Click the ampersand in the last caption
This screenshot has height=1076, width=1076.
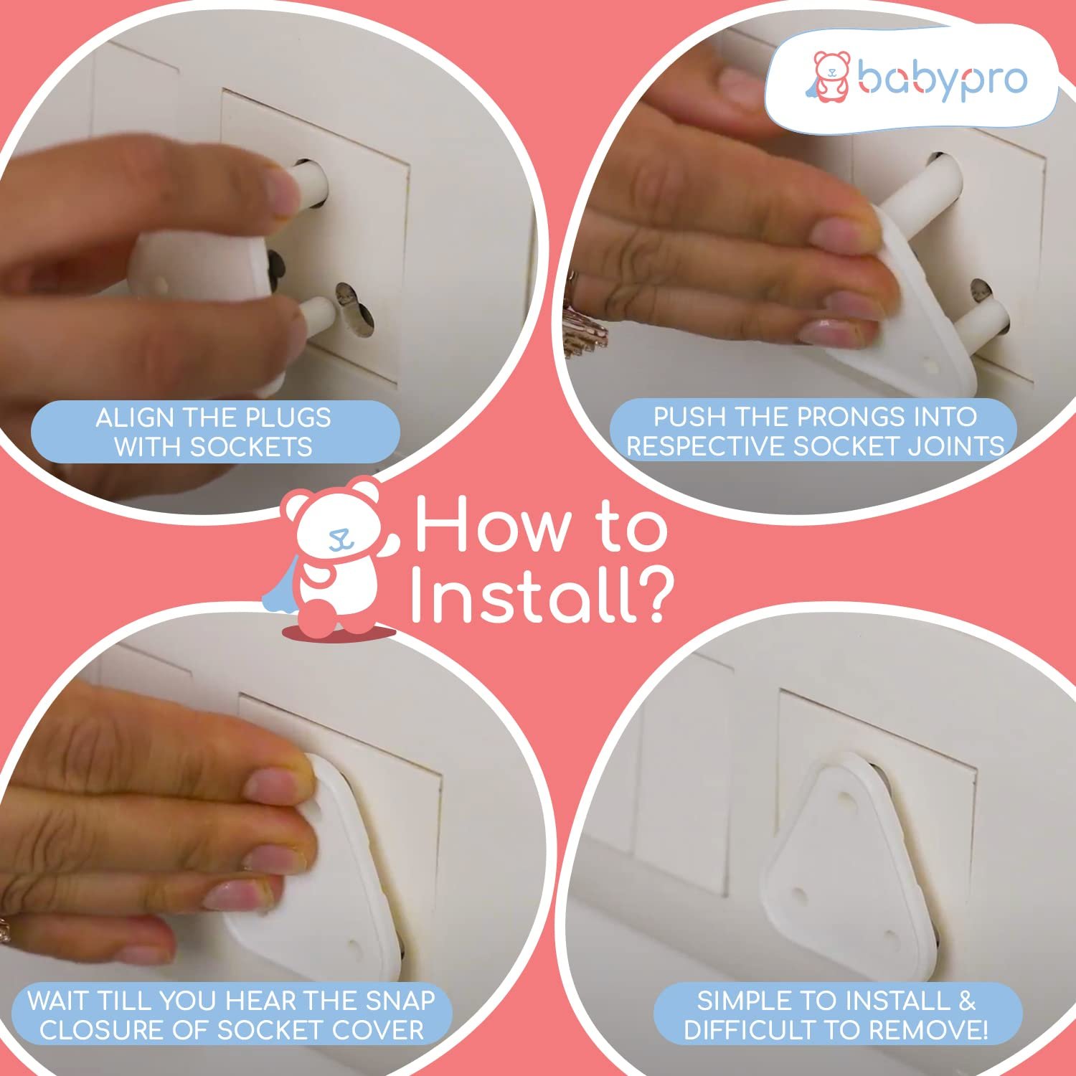(967, 1001)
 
